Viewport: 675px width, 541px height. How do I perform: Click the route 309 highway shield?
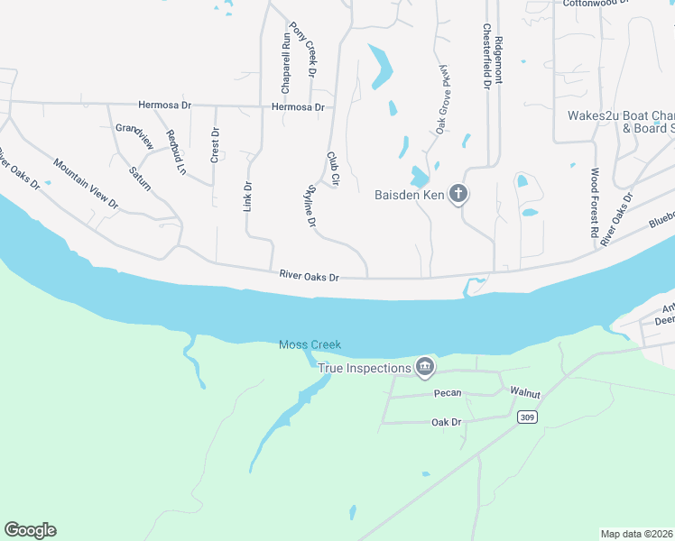click(x=528, y=417)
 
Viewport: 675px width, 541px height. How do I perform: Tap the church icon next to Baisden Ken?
click(x=458, y=194)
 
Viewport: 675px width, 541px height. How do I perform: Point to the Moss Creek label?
click(x=310, y=344)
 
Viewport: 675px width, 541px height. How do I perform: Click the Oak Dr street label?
click(x=446, y=421)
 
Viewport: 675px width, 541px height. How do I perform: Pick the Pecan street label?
click(x=447, y=392)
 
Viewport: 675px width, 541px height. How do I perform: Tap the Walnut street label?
click(x=525, y=392)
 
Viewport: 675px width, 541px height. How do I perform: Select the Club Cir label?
click(x=332, y=169)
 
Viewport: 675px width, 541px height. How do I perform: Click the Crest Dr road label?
click(x=215, y=144)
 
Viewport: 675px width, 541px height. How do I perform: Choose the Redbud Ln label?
click(x=175, y=151)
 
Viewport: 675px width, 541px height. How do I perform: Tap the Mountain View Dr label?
click(x=86, y=183)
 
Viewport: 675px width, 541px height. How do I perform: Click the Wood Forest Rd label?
click(x=595, y=202)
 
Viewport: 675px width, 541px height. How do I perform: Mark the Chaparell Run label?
click(x=285, y=64)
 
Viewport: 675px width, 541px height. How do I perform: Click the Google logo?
click(x=30, y=530)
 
